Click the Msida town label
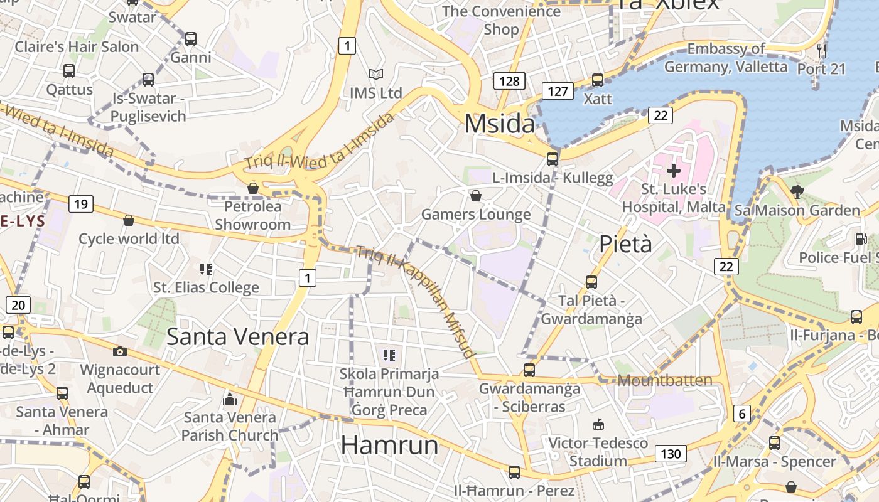(500, 124)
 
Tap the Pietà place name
(625, 244)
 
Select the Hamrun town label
(389, 445)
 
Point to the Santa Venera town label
(237, 337)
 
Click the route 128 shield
(509, 81)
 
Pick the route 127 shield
(558, 92)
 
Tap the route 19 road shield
(81, 204)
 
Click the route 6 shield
(742, 414)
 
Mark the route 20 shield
(18, 306)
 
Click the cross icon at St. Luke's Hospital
(674, 170)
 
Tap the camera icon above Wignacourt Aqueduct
(120, 351)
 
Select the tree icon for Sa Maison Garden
(797, 191)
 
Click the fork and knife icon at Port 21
(821, 50)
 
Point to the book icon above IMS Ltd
(375, 75)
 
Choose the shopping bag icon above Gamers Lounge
(476, 196)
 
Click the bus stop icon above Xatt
(598, 80)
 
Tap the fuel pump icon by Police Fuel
(861, 239)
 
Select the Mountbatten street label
(665, 380)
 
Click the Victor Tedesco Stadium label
(598, 452)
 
